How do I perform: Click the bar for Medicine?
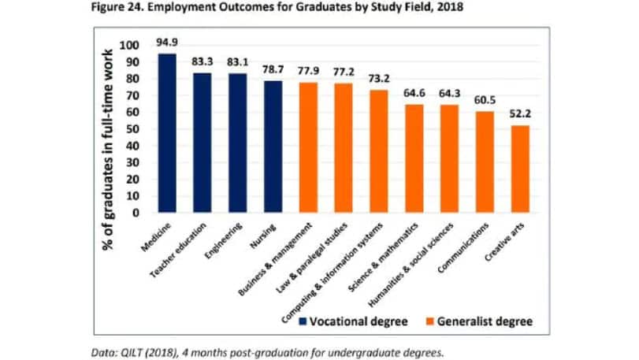coord(167,133)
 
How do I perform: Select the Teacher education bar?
coord(202,143)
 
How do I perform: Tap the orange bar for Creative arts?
coord(520,169)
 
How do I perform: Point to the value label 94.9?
coord(167,43)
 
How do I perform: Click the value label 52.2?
coord(520,115)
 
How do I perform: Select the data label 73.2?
coord(379,80)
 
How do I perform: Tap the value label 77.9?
coord(309,72)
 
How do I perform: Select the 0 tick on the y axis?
coord(135,213)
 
